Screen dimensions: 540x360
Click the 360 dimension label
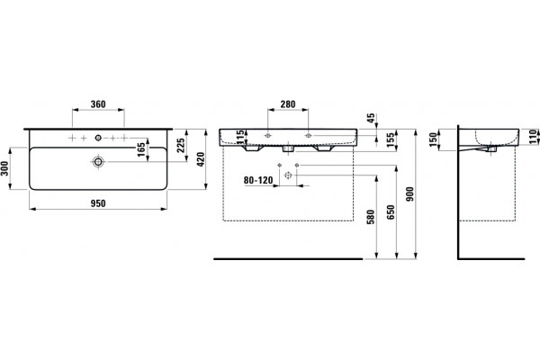(x=98, y=104)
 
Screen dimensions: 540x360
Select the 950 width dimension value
(x=98, y=203)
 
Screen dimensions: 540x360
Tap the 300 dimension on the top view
(x=4, y=168)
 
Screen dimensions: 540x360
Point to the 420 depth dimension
(x=201, y=159)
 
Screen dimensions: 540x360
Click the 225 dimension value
(x=181, y=146)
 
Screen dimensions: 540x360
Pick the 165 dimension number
(x=141, y=150)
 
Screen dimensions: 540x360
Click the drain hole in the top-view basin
(x=98, y=162)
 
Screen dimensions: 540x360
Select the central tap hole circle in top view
(x=98, y=138)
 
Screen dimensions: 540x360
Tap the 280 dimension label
(x=288, y=104)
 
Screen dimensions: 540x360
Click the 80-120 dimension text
(x=258, y=180)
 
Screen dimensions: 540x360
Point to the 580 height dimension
(x=371, y=217)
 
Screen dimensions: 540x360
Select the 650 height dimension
(x=391, y=212)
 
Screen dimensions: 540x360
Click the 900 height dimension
(x=409, y=194)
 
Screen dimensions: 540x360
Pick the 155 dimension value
(x=391, y=140)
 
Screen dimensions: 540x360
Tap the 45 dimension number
(x=371, y=118)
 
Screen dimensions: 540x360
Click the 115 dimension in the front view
(x=240, y=137)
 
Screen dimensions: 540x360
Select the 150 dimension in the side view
(x=433, y=139)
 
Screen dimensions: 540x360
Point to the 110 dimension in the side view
(x=534, y=137)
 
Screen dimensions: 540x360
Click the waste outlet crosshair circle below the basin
(x=288, y=175)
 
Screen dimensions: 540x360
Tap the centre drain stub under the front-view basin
(x=288, y=148)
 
